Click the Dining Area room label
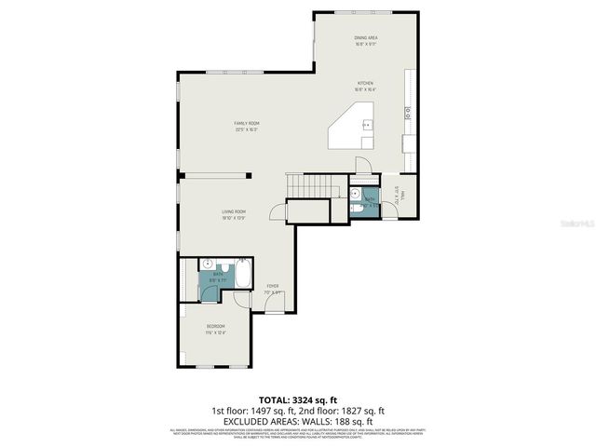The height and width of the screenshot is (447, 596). [365, 38]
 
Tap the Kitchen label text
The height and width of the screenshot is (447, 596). [364, 83]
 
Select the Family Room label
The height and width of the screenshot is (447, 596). [246, 124]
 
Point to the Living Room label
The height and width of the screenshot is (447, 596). [233, 211]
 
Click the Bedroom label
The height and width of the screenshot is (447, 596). [215, 326]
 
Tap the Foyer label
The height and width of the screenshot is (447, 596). [273, 286]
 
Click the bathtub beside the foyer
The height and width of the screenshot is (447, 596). [242, 276]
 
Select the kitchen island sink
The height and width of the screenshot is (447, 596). [367, 124]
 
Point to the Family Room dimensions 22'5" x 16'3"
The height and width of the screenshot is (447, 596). [246, 129]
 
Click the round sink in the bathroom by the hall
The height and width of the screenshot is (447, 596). [356, 194]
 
